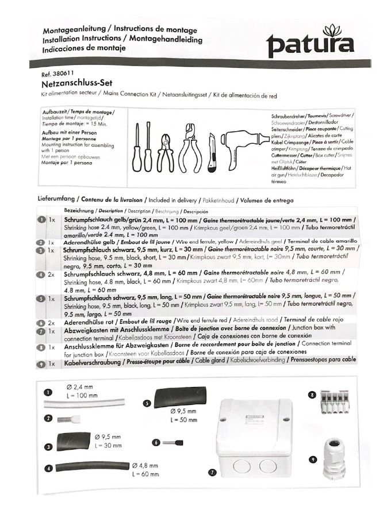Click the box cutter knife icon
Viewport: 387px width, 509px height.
[x=212, y=151]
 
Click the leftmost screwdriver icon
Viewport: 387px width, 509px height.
[x=138, y=147]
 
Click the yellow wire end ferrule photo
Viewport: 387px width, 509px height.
[x=75, y=419]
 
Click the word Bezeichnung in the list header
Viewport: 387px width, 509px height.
[x=78, y=211]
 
